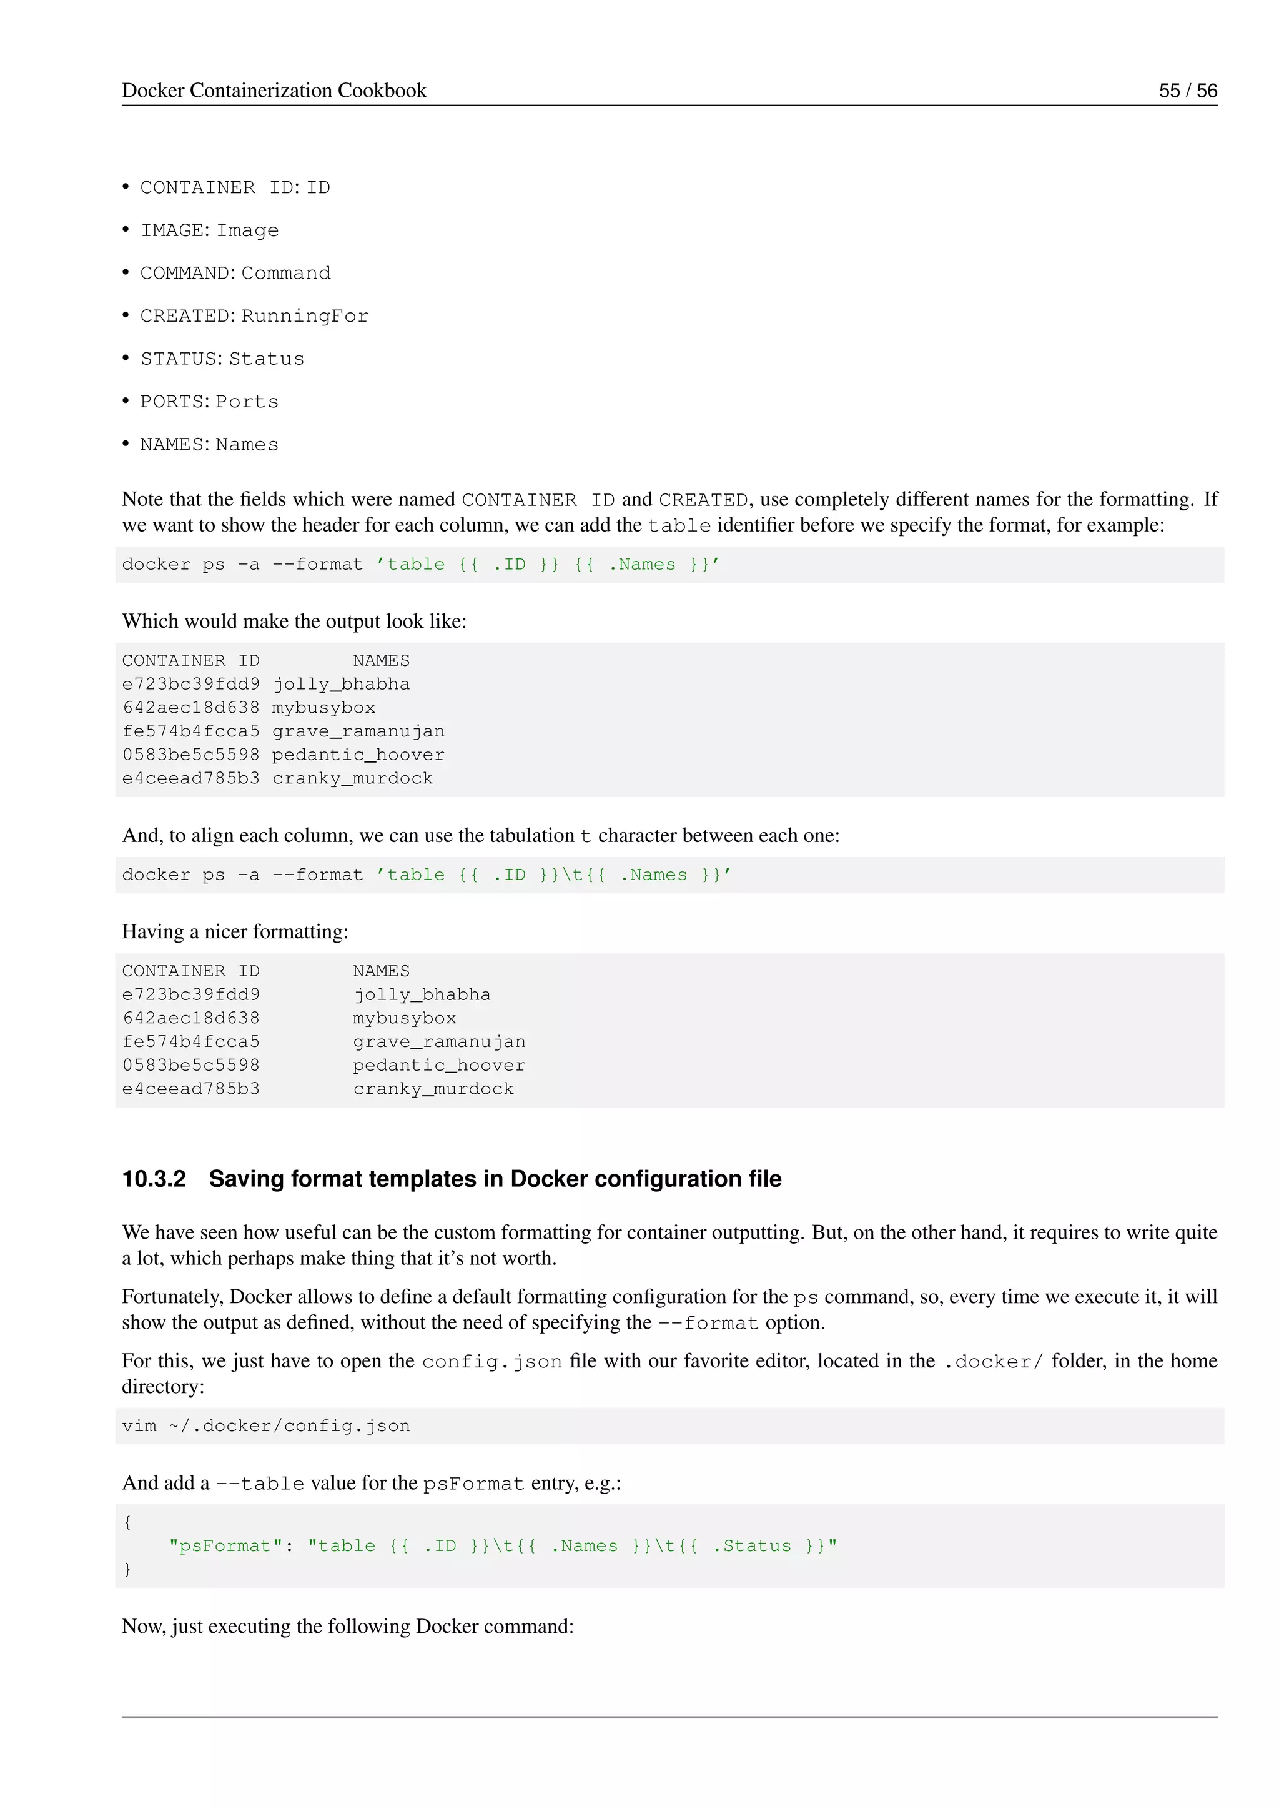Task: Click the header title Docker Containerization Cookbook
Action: pos(274,91)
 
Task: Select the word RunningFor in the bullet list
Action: pos(305,316)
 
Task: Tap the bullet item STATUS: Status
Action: pos(221,359)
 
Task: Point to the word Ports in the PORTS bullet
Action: pos(247,402)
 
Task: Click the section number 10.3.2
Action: pos(154,1179)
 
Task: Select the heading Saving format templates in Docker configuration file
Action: pos(495,1179)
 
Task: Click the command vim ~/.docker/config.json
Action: pos(266,1426)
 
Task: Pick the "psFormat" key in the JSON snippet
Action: pos(226,1546)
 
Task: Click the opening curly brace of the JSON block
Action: pos(127,1522)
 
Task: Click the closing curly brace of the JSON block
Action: pos(127,1570)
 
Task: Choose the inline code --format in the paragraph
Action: pos(708,1323)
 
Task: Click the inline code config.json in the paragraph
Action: pos(491,1362)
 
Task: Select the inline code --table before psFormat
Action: pos(260,1484)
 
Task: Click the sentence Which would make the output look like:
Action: pos(294,622)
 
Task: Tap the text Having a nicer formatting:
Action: pos(235,932)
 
